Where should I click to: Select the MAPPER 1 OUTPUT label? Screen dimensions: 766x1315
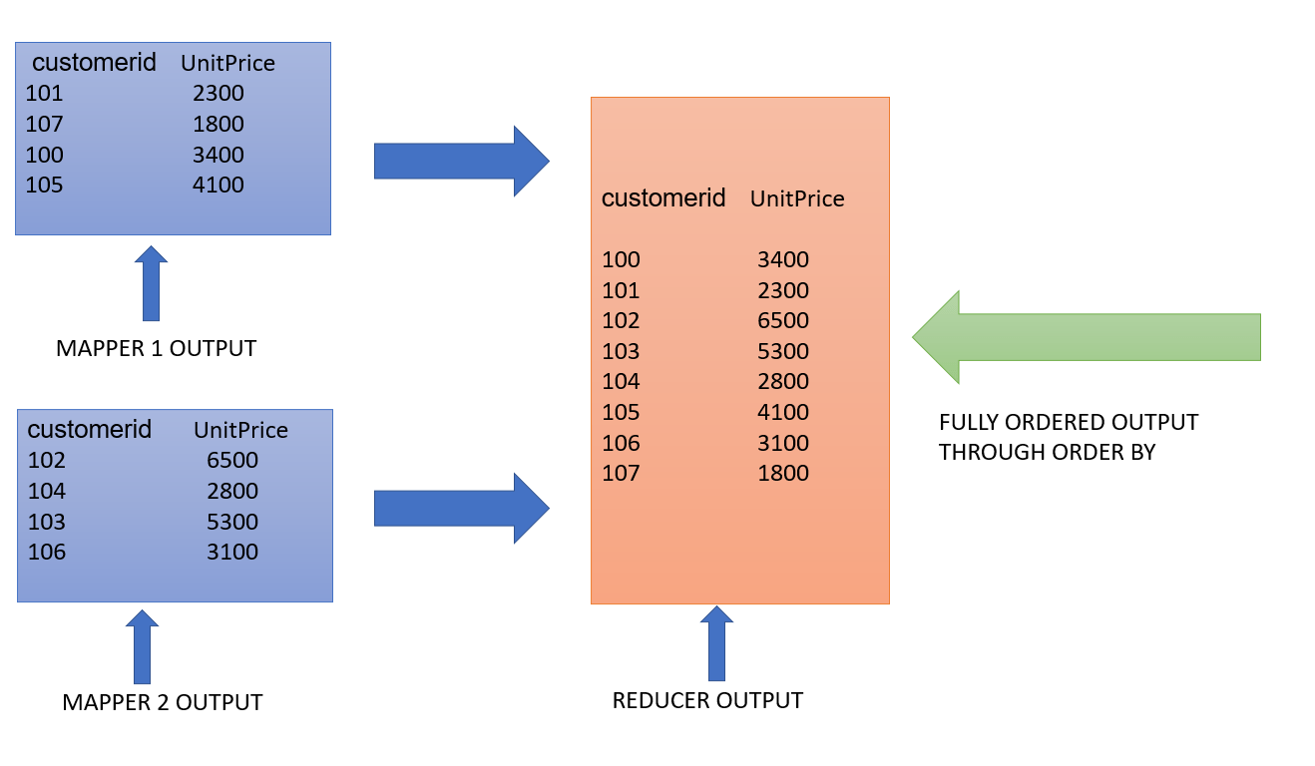(157, 349)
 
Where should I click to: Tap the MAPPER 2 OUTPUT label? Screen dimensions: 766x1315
(163, 702)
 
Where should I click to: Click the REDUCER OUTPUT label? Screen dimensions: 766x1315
(707, 700)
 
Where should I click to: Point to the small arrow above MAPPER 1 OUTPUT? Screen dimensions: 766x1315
(151, 284)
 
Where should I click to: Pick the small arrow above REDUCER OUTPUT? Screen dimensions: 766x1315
(715, 643)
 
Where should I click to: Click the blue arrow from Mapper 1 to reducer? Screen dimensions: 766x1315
(461, 161)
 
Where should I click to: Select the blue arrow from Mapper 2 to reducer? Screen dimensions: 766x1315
(461, 509)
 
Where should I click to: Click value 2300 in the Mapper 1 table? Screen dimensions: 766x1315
(219, 94)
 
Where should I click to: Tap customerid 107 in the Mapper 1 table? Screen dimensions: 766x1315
(45, 125)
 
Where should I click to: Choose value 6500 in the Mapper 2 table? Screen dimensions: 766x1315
(232, 461)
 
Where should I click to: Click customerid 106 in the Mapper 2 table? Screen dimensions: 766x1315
(47, 552)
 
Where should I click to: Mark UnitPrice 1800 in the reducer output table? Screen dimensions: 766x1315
(783, 474)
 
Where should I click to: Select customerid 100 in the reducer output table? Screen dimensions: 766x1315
(621, 260)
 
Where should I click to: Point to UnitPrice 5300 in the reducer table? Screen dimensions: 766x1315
(783, 352)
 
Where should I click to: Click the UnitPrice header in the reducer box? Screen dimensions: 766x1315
(797, 199)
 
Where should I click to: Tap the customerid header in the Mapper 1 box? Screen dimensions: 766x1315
(95, 63)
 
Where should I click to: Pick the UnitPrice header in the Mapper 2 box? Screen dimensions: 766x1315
(240, 430)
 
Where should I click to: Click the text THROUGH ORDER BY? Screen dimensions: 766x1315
(1047, 452)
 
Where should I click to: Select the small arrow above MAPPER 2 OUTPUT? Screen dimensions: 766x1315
(142, 646)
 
